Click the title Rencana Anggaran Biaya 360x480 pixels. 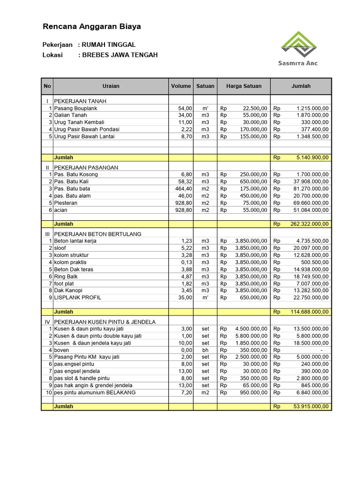[x=92, y=27]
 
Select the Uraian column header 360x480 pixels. [x=111, y=86]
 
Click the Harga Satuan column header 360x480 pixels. [x=244, y=86]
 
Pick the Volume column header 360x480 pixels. [x=181, y=86]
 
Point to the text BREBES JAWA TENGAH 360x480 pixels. [x=120, y=55]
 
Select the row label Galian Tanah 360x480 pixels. [x=70, y=115]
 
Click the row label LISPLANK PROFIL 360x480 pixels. [x=77, y=297]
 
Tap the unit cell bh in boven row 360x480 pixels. [x=205, y=350]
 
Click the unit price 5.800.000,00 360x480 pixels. [x=251, y=336]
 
